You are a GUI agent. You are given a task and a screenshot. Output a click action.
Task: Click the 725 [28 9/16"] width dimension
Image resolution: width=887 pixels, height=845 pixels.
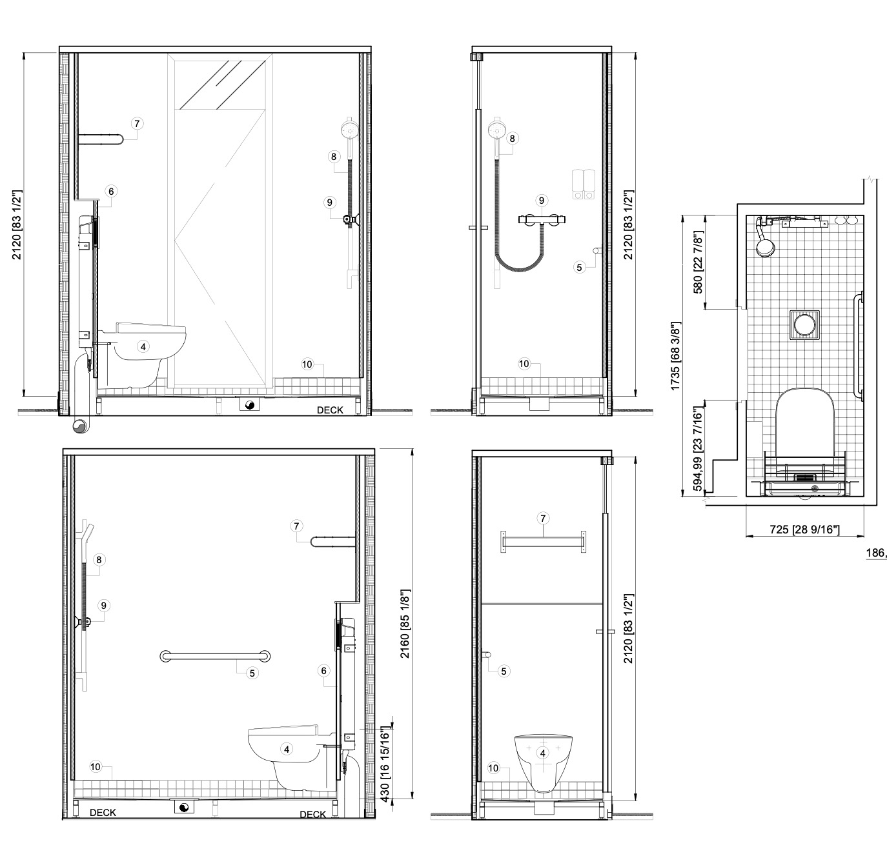coord(804,530)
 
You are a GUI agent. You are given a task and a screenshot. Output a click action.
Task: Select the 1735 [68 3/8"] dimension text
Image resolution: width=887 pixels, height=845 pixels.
coord(675,356)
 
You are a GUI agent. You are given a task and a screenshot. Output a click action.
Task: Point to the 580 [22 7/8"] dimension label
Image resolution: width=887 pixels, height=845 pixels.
coord(698,263)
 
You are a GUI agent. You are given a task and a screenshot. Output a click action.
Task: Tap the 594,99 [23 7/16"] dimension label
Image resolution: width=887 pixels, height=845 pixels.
coord(698,449)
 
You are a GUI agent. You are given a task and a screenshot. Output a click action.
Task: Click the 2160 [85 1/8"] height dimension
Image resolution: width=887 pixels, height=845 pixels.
coord(405,624)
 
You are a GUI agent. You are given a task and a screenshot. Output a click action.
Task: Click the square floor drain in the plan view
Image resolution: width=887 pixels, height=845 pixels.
coord(804,324)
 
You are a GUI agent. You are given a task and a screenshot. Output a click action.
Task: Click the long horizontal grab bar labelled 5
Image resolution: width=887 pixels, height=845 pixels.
coord(215,656)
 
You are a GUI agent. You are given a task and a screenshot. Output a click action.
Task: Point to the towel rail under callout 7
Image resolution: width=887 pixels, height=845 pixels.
coord(543,542)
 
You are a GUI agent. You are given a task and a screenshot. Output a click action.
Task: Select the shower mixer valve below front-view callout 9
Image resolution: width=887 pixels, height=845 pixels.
coord(542,219)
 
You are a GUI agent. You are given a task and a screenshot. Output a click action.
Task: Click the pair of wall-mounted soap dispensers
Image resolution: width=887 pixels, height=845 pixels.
coord(584,184)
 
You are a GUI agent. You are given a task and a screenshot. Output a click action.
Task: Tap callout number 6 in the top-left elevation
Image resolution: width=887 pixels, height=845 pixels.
coord(111,191)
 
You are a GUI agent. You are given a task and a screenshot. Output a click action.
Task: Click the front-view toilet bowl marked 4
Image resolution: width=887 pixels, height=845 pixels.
coord(543,762)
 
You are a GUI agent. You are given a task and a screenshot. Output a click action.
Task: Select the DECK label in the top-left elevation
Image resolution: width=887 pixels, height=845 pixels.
coord(330,410)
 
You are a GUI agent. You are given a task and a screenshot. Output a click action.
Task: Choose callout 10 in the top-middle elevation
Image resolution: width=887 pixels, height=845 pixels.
coord(524,363)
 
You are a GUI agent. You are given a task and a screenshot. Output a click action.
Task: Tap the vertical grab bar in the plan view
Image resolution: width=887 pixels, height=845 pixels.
coord(859,347)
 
